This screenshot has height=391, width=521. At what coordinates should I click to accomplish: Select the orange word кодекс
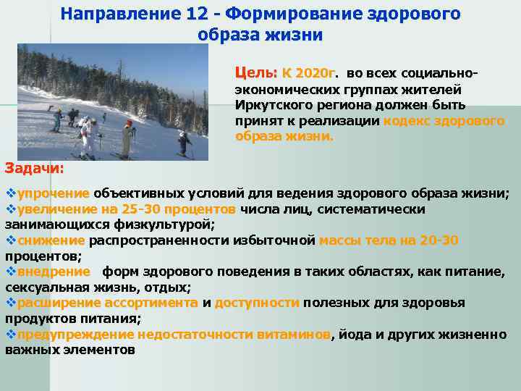pyautogui.click(x=406, y=120)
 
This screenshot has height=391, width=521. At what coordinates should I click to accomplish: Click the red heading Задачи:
pyautogui.click(x=34, y=168)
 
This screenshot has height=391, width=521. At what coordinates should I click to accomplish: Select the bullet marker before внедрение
pyautogui.click(x=10, y=272)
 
